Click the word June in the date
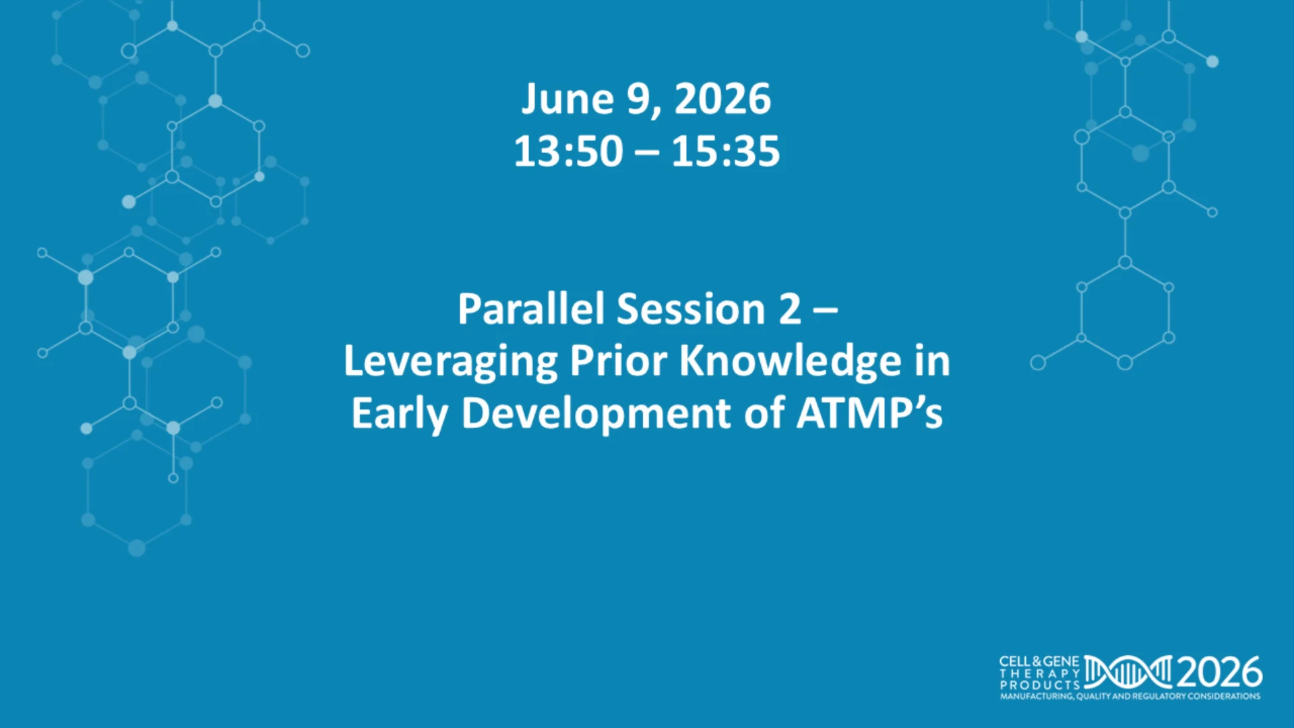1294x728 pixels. click(x=567, y=100)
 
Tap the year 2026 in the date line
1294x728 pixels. click(x=722, y=99)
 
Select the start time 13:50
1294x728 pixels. click(x=568, y=151)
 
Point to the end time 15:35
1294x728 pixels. click(x=726, y=151)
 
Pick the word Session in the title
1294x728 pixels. click(x=691, y=309)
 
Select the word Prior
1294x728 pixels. click(x=619, y=361)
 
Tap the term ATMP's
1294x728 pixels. click(x=869, y=413)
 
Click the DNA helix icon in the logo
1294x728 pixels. click(x=1128, y=672)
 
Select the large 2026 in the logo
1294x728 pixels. click(x=1219, y=672)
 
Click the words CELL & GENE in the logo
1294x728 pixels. click(x=1039, y=662)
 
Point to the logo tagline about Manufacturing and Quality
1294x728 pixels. click(x=1130, y=696)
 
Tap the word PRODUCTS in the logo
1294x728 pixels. click(x=1040, y=685)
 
